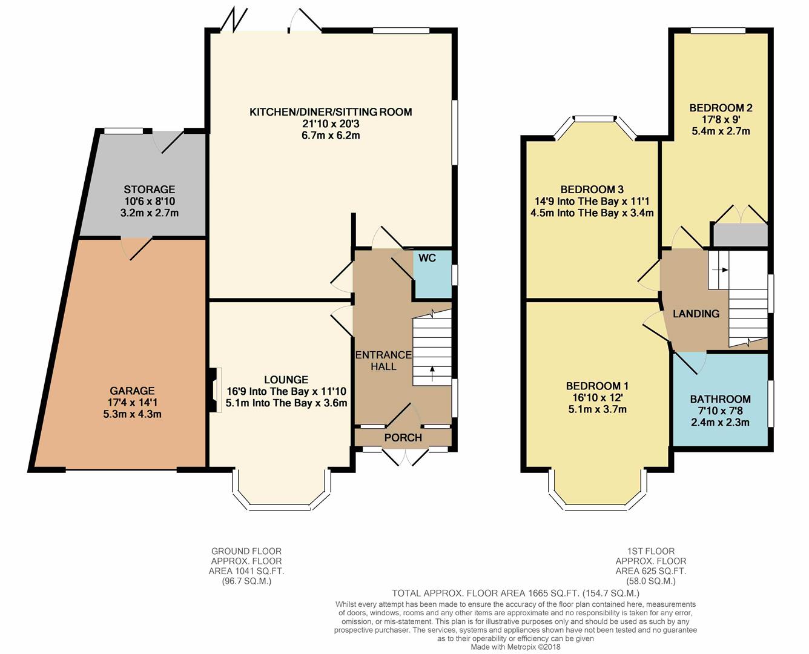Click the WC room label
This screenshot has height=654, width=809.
tap(427, 258)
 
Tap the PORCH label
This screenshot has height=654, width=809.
tap(403, 438)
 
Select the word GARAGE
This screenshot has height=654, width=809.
tap(132, 391)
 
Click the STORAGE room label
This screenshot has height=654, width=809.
tap(150, 189)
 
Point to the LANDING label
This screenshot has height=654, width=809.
tap(696, 314)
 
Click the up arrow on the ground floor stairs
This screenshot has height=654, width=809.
tap(432, 374)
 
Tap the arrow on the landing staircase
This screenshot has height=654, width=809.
tap(720, 270)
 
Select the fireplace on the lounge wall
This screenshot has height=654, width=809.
tap(214, 389)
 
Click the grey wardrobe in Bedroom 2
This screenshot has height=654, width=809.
tap(739, 235)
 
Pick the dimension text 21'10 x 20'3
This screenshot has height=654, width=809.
tap(331, 124)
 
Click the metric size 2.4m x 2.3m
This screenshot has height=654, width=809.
tap(720, 422)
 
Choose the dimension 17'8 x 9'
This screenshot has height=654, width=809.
tap(721, 120)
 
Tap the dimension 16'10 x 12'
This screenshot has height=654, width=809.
tap(597, 398)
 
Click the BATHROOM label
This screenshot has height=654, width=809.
tap(720, 399)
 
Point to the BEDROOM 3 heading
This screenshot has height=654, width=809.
tap(592, 189)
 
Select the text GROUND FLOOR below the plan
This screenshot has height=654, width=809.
tap(246, 551)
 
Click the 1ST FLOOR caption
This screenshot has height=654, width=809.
tap(650, 551)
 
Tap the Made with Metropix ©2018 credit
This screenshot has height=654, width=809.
tap(515, 647)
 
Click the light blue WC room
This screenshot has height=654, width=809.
tap(432, 274)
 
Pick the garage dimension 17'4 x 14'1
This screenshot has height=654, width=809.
tap(132, 403)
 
